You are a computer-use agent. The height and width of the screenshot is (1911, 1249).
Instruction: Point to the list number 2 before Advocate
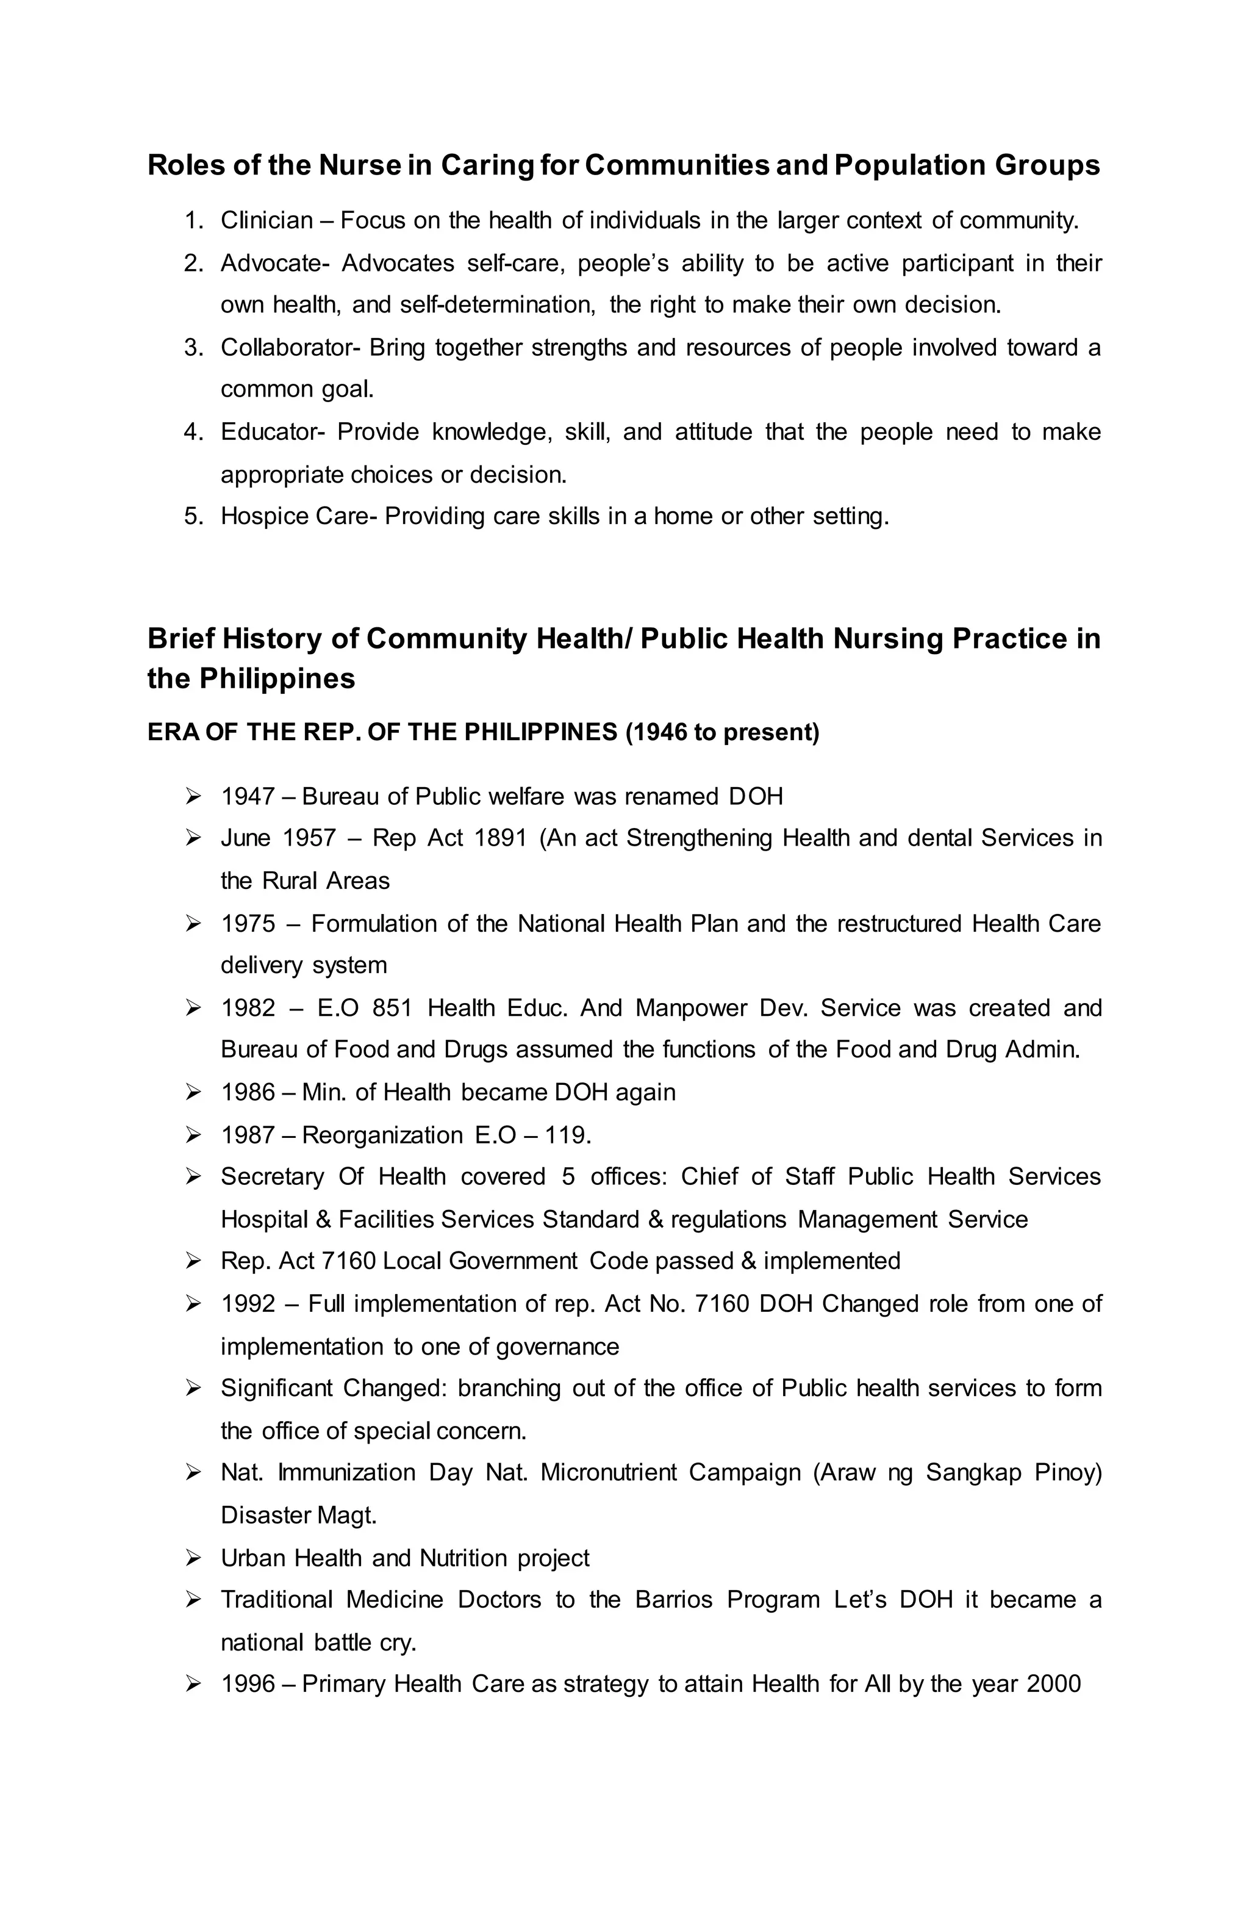tap(193, 264)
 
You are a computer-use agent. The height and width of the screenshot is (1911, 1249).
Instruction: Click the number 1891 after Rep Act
tap(500, 838)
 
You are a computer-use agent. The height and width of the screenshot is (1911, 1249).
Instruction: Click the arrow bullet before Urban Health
tap(193, 1558)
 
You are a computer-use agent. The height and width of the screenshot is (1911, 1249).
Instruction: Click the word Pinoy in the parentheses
tap(1068, 1472)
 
